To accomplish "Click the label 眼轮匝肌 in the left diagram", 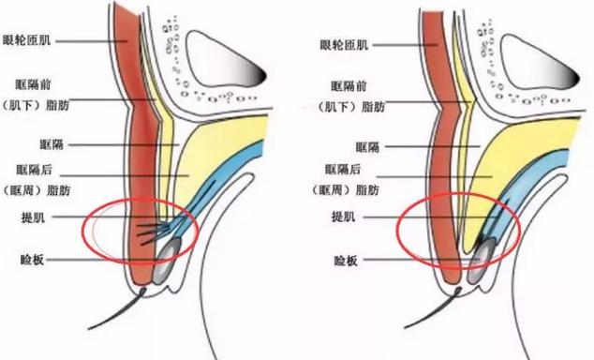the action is click(x=27, y=39).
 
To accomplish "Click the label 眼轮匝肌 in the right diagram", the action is click(x=344, y=45).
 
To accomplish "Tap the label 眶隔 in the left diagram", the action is click(x=52, y=144).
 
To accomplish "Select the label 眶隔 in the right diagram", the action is click(x=367, y=146).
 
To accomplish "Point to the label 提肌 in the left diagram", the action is click(x=34, y=217).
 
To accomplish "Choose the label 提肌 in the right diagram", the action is click(x=344, y=217).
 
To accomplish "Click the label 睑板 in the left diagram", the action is click(x=32, y=260).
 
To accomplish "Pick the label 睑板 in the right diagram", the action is click(x=346, y=261).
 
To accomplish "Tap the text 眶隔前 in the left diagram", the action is click(x=34, y=84).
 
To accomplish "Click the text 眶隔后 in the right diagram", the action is click(x=343, y=169).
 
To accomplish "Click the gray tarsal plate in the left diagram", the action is click(x=166, y=262).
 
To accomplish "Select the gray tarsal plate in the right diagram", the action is click(x=482, y=261).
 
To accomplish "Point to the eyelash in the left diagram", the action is click(x=115, y=308).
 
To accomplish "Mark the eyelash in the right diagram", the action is click(x=432, y=307).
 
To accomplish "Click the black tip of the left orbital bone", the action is click(x=261, y=75).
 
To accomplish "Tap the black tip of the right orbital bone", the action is click(x=575, y=79).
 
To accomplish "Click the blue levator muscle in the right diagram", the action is click(x=530, y=178).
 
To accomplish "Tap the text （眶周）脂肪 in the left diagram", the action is click(x=37, y=190).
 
